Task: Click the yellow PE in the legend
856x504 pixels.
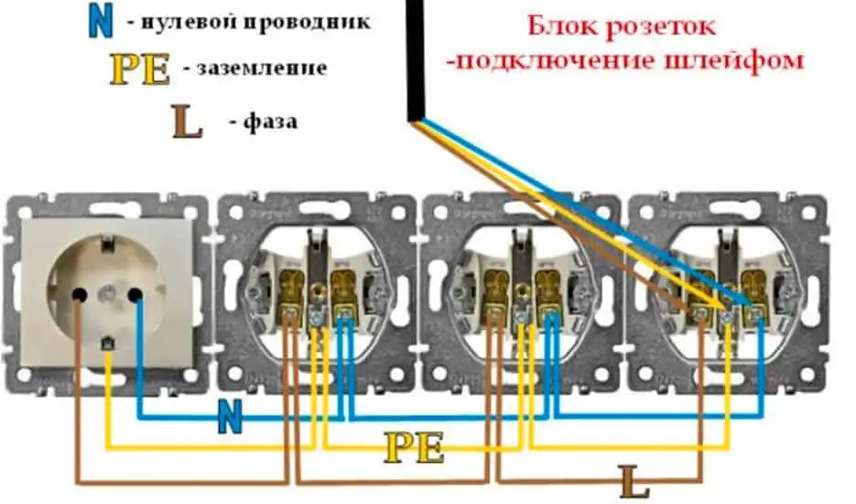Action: point(140,70)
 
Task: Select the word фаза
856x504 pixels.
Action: point(271,121)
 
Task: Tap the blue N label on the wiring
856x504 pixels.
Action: point(231,419)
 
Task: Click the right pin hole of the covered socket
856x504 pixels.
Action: point(135,294)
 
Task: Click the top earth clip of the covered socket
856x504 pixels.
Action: point(107,241)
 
